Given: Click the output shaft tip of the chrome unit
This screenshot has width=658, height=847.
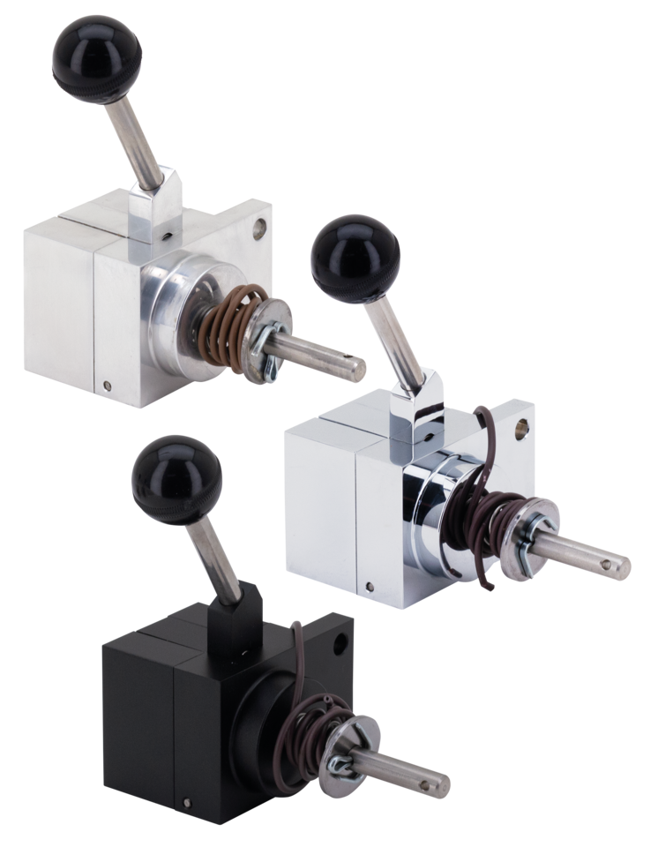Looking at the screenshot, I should click(619, 560).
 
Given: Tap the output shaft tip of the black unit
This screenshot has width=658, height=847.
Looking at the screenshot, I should click(438, 782).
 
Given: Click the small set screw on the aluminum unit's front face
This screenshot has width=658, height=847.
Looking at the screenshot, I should click(107, 385).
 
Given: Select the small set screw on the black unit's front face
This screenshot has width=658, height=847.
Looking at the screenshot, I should click(187, 802).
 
